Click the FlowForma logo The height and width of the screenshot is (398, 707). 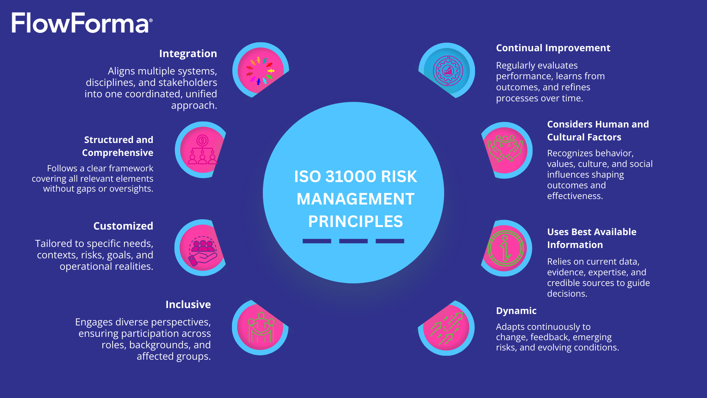(82, 23)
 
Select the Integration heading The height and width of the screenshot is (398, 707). (188, 54)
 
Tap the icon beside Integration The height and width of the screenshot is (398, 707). (260, 70)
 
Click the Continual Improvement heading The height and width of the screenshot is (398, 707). (553, 48)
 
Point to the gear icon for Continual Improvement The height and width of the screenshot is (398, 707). (447, 71)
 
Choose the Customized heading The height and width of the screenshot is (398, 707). (123, 226)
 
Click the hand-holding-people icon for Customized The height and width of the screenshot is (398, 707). (202, 248)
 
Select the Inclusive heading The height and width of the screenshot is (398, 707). (188, 304)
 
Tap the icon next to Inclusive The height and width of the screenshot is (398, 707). (260, 328)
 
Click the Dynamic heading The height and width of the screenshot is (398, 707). (516, 311)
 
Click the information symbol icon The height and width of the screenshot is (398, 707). (505, 248)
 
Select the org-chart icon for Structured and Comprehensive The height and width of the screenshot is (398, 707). (202, 150)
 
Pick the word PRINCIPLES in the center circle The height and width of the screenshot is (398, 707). (355, 221)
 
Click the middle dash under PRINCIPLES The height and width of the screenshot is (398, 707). (353, 241)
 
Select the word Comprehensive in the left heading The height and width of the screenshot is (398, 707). (117, 153)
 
